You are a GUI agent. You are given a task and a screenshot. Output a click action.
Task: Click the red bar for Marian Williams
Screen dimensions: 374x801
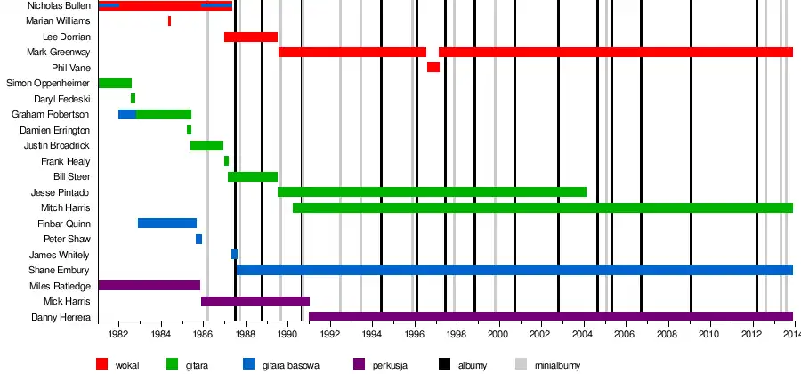[169, 20]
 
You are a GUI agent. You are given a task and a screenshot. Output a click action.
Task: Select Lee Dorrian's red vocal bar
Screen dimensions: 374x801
[250, 37]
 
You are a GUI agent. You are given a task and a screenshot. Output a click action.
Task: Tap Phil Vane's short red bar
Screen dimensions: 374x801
[433, 68]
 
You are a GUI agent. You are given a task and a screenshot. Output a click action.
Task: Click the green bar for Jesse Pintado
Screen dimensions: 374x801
[432, 191]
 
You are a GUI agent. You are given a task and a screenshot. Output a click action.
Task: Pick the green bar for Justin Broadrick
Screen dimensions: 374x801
[206, 145]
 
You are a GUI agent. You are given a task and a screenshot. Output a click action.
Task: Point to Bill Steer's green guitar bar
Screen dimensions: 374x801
[253, 176]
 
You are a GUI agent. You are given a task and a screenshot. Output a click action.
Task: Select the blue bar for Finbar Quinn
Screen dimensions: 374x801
[166, 223]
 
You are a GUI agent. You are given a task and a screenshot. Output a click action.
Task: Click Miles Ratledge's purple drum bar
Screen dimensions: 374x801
[149, 285]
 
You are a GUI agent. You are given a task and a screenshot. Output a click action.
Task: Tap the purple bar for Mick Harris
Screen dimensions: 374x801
[255, 301]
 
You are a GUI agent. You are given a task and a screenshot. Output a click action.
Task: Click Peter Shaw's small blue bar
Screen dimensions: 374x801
[198, 239]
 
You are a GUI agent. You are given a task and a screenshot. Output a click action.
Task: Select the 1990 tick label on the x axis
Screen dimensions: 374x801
[287, 335]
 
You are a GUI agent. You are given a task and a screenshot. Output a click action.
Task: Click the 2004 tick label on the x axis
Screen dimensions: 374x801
[581, 335]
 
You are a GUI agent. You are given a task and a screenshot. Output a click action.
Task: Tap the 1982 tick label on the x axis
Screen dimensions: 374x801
[117, 335]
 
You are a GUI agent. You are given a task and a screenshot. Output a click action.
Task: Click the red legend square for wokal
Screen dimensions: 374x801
[101, 363]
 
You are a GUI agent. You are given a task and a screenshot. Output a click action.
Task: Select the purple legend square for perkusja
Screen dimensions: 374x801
[359, 363]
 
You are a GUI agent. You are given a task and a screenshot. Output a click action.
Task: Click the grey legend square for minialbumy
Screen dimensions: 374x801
[521, 363]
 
